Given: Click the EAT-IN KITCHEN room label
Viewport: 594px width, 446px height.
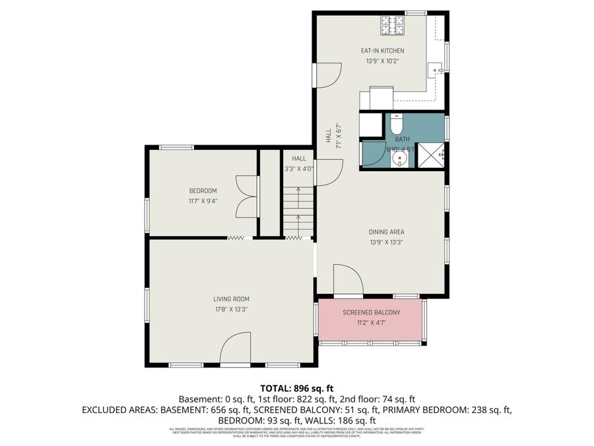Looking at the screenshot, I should pos(382,51).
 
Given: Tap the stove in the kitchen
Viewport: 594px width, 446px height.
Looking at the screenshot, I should pos(391,26).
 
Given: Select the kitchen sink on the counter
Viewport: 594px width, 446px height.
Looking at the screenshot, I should pos(436,68).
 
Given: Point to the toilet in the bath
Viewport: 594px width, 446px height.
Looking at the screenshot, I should pos(396,124).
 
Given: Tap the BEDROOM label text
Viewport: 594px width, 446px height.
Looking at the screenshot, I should pos(203,191).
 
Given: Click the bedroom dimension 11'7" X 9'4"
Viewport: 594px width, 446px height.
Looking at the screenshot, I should pos(203,201).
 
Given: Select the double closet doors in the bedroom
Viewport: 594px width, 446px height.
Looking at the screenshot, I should pos(245,197).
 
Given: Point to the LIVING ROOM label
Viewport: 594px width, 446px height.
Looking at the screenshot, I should pos(231,299).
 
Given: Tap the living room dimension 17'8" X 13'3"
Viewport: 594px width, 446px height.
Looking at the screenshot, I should pos(231,309).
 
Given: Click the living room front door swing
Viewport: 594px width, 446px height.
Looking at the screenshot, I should pos(236,349).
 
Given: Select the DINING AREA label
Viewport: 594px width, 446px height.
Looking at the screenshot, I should pos(386,232).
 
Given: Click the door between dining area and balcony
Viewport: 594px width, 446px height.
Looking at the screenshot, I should pos(347,280).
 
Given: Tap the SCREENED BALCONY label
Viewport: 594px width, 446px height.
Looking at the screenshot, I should pos(371,313).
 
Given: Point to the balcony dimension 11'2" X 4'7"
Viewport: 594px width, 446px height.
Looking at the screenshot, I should pos(371,322).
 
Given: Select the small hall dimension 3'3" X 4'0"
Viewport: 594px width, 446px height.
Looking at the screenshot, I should pos(299,168).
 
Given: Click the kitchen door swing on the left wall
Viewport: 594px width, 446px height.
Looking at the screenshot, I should pos(328,75).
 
